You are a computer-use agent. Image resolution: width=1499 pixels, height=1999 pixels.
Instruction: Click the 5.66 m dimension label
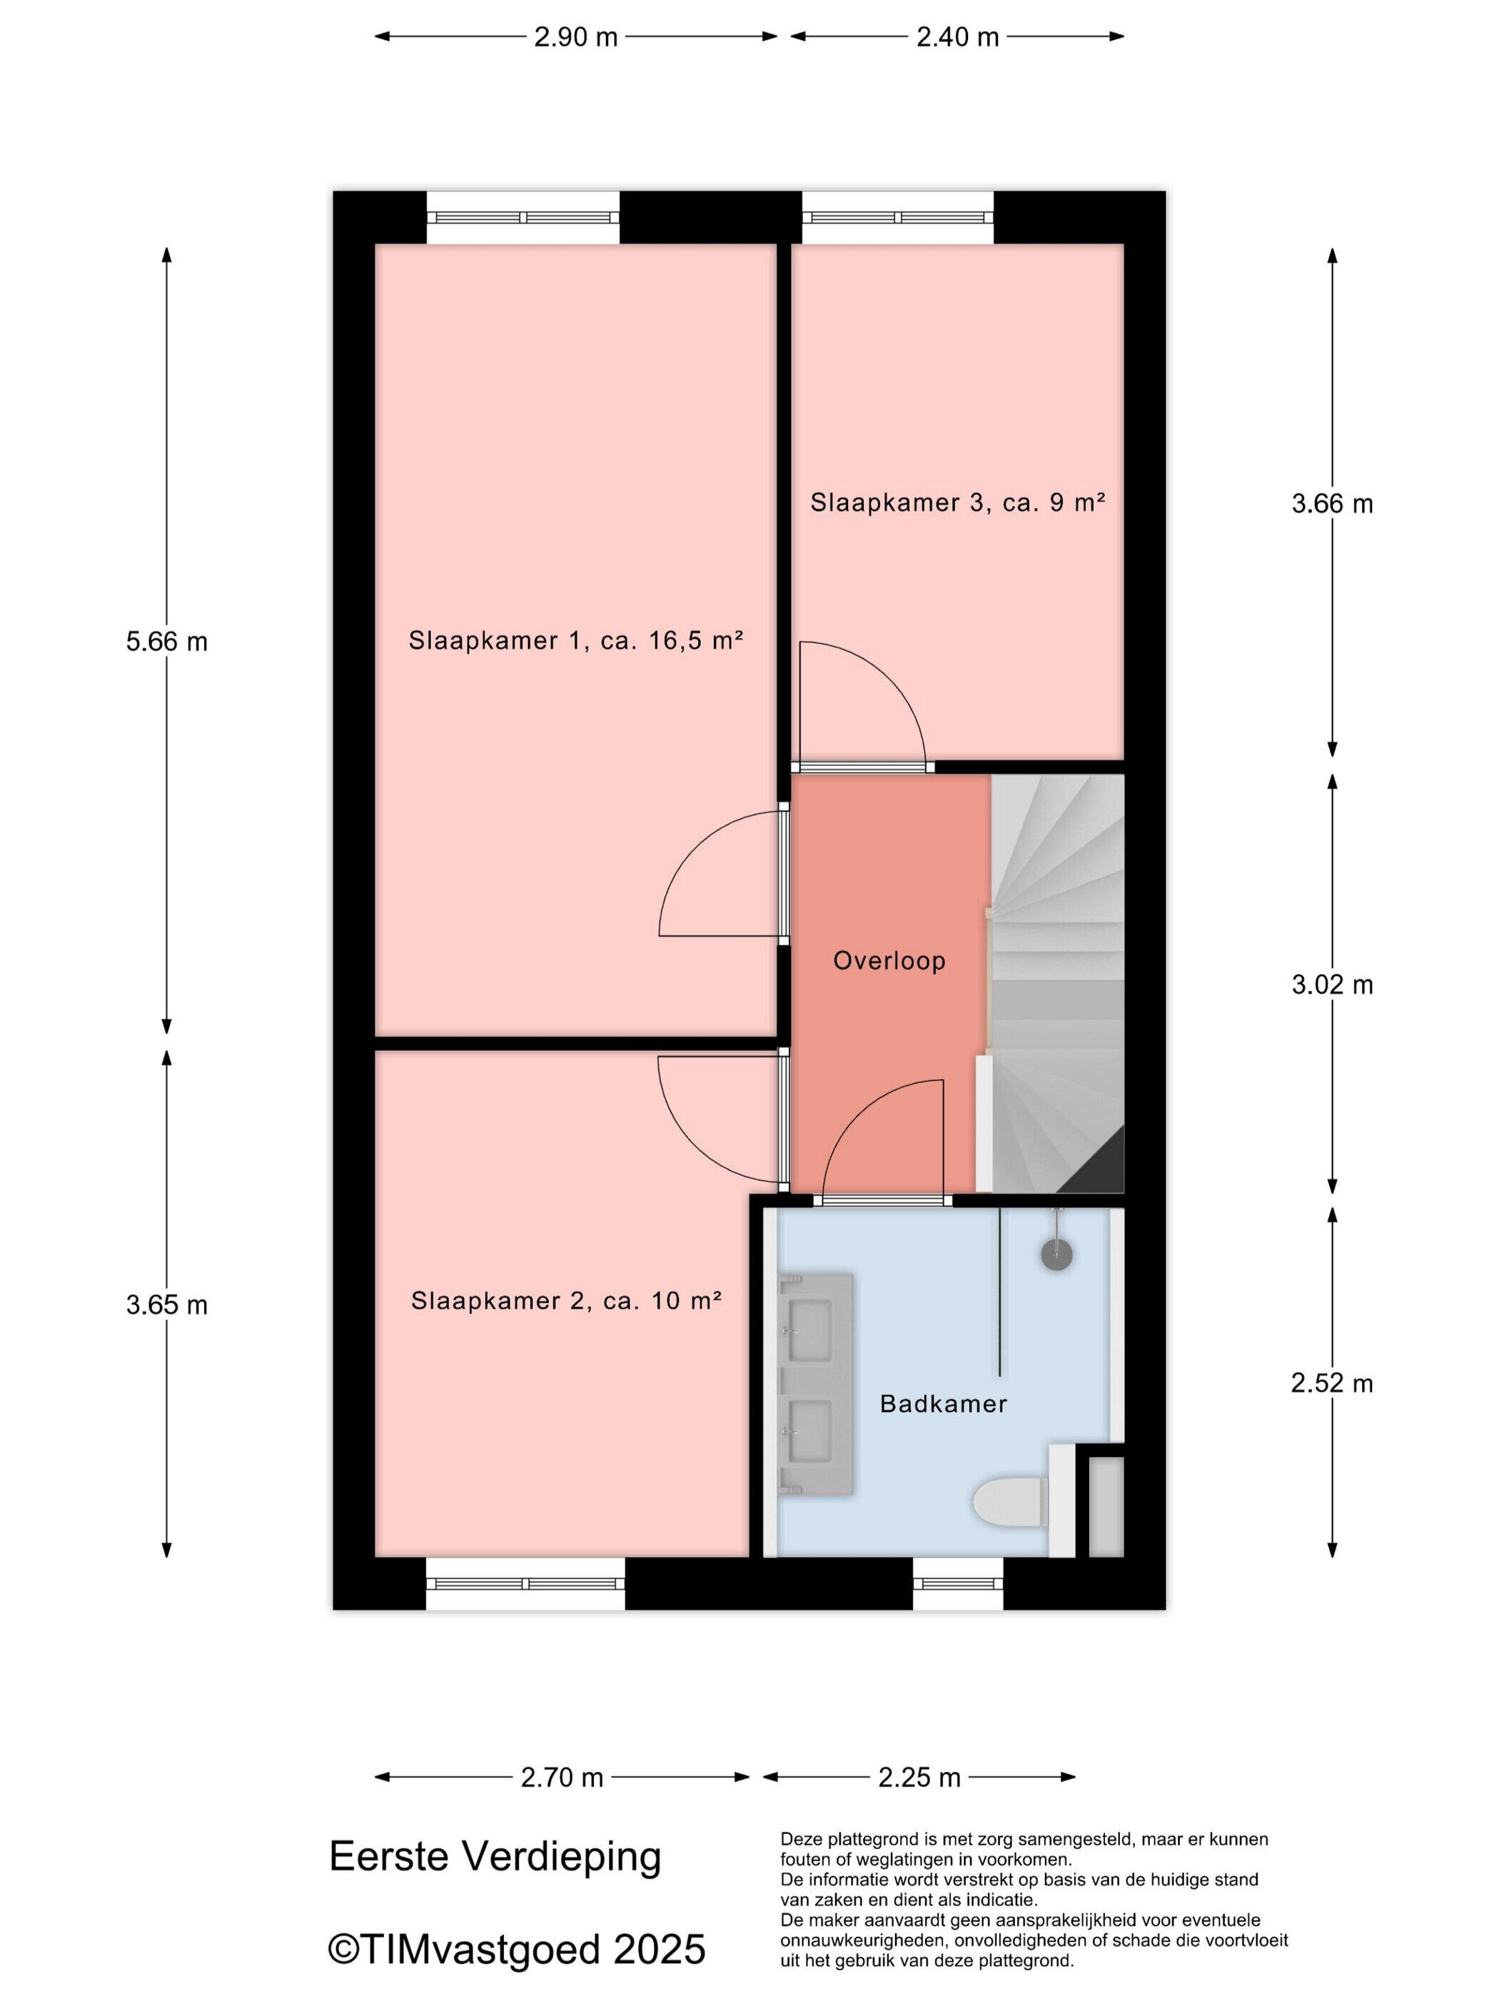[x=166, y=642]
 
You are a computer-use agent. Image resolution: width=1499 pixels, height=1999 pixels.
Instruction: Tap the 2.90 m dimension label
[x=575, y=37]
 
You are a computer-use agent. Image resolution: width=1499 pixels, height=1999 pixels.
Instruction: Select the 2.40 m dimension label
[x=958, y=37]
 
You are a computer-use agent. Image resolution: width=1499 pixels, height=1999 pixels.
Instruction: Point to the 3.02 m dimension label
[x=1332, y=984]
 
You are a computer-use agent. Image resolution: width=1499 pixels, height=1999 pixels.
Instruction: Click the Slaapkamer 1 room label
[x=575, y=640]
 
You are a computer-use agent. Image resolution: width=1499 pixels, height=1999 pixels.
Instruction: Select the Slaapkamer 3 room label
[x=958, y=503]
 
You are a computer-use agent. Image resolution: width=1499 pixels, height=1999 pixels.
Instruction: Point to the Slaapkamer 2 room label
[x=567, y=1301]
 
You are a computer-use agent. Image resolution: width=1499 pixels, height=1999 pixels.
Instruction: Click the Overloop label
[x=889, y=961]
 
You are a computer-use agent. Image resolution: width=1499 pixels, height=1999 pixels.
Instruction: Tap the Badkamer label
[x=944, y=1404]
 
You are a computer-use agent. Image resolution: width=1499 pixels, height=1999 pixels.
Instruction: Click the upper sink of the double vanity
[x=810, y=1329]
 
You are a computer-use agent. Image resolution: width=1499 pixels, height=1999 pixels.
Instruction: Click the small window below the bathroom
[x=958, y=1582]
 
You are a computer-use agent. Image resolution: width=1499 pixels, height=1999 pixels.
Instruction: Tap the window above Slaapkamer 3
[x=898, y=217]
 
